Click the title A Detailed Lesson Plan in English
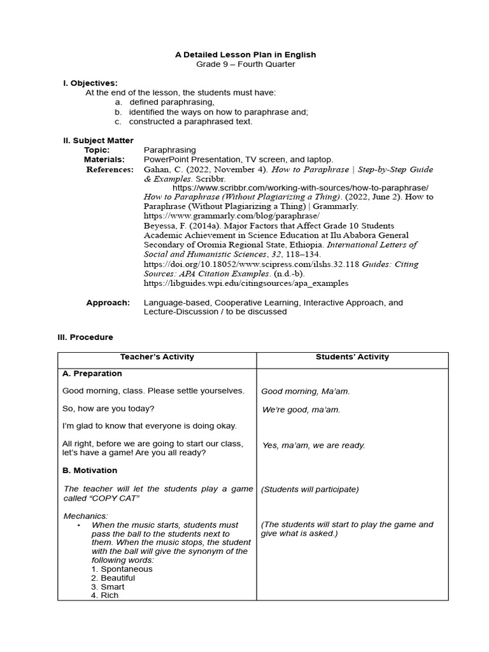245,55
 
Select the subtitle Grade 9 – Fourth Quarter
245,64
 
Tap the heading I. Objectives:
90,83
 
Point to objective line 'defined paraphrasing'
171,102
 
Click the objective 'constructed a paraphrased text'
190,121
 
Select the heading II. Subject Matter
98,140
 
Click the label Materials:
104,159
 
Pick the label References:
110,169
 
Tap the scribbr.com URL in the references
300,188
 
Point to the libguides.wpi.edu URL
246,283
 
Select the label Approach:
108,302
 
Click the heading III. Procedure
85,337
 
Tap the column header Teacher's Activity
157,357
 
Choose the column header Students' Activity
352,357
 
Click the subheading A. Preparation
92,374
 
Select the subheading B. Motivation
90,471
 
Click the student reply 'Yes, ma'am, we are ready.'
313,446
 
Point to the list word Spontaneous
126,569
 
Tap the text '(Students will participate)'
310,489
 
